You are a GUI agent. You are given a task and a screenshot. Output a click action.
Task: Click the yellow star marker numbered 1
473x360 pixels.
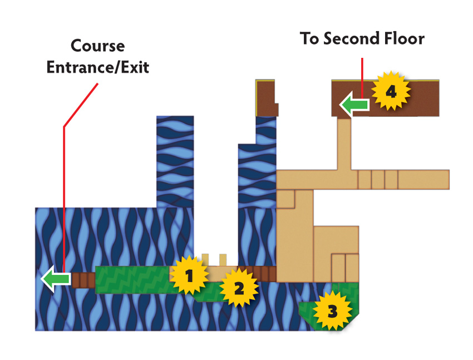[x=189, y=275]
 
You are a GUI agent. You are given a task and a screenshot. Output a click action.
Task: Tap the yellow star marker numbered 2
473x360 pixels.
[x=239, y=288]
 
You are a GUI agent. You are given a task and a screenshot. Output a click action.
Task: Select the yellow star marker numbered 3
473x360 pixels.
[x=332, y=310]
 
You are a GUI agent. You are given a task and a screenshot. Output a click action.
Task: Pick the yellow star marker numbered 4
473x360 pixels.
[x=391, y=91]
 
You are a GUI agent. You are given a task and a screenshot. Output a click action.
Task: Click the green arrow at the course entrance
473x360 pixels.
[x=56, y=279]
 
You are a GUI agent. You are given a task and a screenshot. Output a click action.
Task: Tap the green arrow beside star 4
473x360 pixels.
[x=354, y=105]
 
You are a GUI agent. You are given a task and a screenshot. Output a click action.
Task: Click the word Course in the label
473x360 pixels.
[x=98, y=46]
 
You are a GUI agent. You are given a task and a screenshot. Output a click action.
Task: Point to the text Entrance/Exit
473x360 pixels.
[x=98, y=67]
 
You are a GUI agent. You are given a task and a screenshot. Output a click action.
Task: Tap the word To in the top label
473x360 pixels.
[x=310, y=38]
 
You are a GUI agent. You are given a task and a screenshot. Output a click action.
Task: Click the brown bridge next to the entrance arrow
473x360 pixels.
[x=83, y=280]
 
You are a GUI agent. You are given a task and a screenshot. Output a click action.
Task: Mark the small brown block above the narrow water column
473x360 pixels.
[x=266, y=98]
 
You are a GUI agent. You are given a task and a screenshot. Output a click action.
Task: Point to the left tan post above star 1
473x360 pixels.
[x=205, y=260]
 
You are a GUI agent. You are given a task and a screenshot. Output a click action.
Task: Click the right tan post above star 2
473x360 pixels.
[x=223, y=260]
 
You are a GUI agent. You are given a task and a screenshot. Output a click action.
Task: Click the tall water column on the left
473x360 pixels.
[x=175, y=161]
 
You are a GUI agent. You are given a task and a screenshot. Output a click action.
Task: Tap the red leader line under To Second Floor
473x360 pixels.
[x=362, y=78]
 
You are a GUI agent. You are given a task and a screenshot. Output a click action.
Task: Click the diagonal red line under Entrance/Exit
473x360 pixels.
[x=81, y=105]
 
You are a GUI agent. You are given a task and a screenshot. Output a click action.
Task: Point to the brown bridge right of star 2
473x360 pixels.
[x=260, y=274]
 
